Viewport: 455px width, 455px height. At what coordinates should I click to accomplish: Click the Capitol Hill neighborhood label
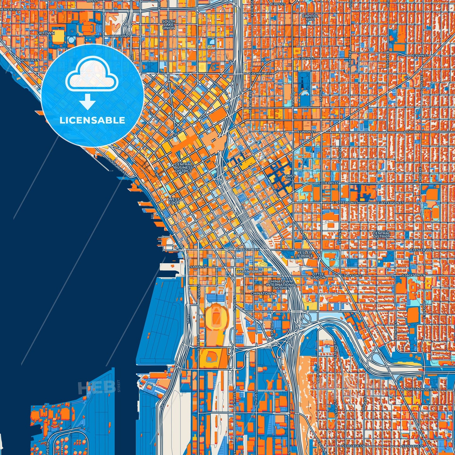coord(310,17)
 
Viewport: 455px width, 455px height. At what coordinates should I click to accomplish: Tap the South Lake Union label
coord(168,25)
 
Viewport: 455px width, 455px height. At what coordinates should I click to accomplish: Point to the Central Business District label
coord(183,167)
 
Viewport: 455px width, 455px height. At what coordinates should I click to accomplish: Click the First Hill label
coord(290,178)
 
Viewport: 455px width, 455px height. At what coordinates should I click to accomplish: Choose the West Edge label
coord(174,201)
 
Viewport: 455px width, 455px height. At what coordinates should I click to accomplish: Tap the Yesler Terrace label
coord(304,254)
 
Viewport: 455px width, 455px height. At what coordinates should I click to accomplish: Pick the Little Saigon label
coord(318,276)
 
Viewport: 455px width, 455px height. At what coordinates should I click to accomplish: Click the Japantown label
coord(249,271)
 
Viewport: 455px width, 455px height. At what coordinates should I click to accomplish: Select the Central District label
coord(381,235)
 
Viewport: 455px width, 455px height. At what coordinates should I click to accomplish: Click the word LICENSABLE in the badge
coord(92,120)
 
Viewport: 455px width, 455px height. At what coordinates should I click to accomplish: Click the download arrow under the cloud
coord(88,102)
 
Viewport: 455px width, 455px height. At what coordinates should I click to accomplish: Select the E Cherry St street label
coord(328,183)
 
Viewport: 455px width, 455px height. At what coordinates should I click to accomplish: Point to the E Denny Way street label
coord(260,73)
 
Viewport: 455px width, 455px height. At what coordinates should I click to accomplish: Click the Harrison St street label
coord(120,36)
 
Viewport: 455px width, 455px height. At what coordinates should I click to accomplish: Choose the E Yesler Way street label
coord(422,250)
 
